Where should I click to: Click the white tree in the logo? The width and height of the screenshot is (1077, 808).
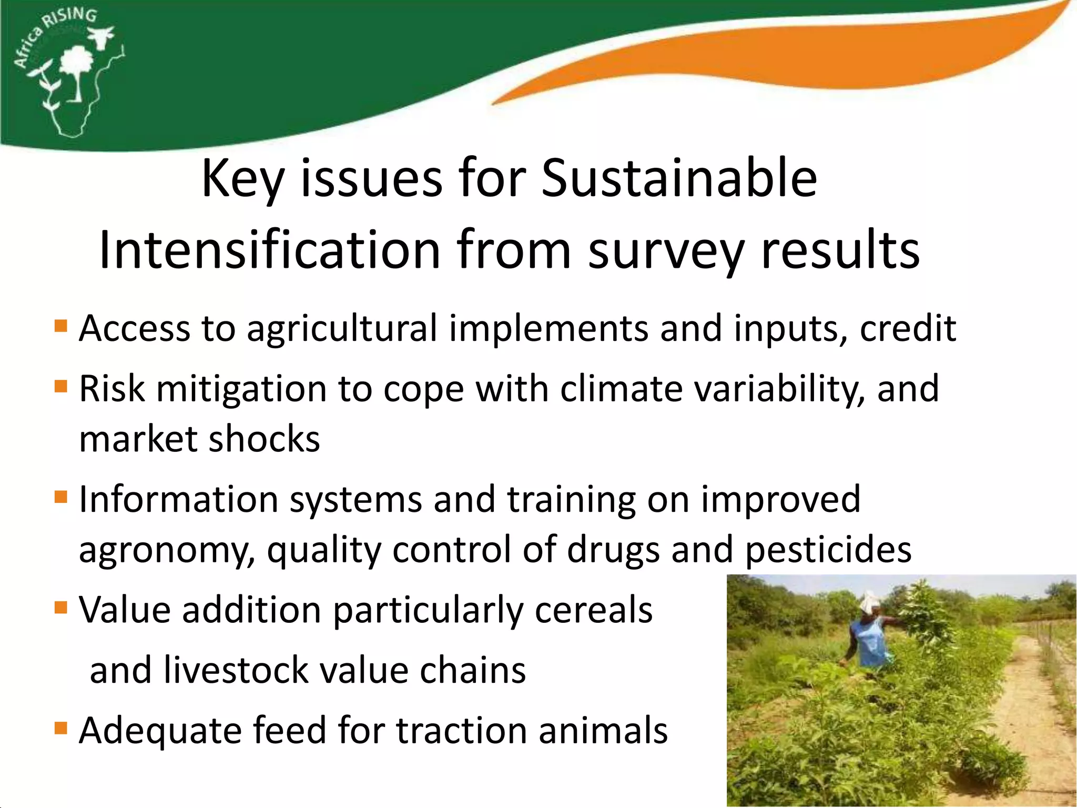[x=76, y=68]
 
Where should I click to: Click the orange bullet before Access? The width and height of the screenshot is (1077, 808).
[x=61, y=326]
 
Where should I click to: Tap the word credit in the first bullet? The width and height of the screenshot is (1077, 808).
[x=908, y=328]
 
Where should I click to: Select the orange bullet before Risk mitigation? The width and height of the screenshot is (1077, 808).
[x=61, y=387]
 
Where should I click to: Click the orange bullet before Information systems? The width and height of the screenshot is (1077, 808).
[x=61, y=497]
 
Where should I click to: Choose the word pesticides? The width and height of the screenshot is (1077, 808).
[x=829, y=550]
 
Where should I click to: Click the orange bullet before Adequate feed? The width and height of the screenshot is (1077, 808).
[x=61, y=729]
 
